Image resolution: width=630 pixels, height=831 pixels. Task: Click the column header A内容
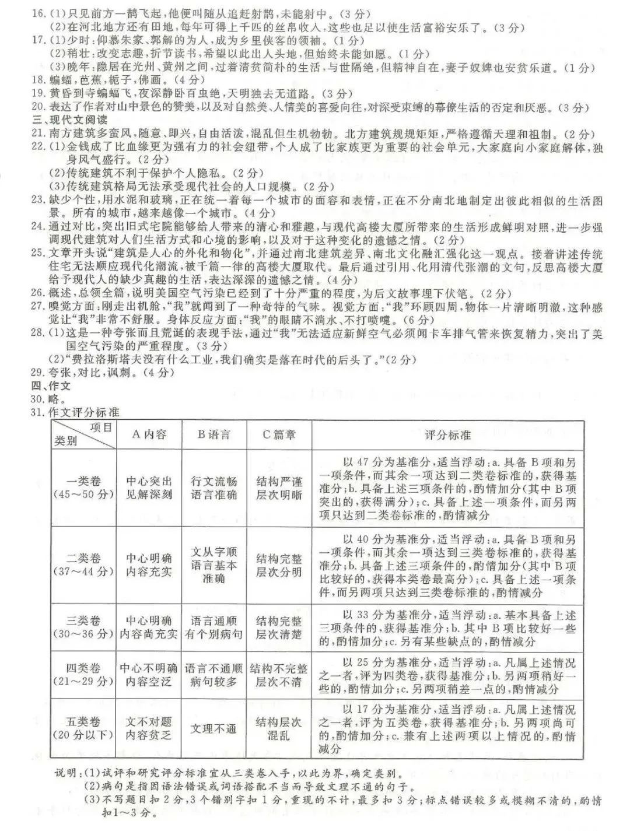[x=148, y=434]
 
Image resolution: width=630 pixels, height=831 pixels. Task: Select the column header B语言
[x=214, y=434]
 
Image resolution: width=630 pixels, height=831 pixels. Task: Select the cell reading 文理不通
[x=214, y=729]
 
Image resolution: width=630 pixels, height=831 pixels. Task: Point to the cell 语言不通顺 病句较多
[x=214, y=675]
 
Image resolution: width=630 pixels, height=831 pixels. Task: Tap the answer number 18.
[x=38, y=80]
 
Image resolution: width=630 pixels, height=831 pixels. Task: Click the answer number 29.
[x=38, y=372]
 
